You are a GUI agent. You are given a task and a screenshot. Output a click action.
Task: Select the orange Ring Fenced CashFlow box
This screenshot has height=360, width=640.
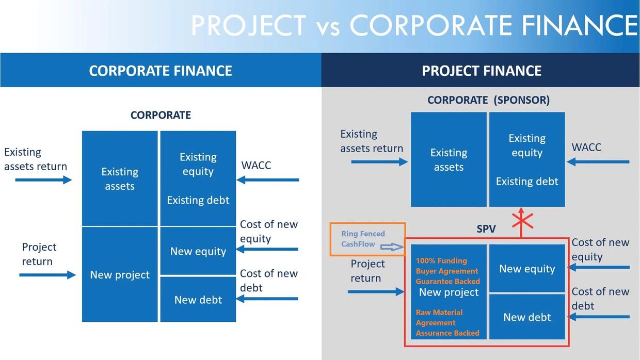(x=368, y=239)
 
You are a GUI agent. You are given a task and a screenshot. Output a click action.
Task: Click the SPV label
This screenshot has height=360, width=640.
(x=486, y=228)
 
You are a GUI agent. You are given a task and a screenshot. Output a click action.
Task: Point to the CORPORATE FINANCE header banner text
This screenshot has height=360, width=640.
(x=161, y=71)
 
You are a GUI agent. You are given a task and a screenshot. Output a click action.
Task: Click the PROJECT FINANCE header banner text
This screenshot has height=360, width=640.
(x=482, y=71)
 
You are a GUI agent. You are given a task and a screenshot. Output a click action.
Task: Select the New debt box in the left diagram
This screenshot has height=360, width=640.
(x=198, y=300)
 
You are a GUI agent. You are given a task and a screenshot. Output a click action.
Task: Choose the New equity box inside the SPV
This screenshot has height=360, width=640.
(x=527, y=269)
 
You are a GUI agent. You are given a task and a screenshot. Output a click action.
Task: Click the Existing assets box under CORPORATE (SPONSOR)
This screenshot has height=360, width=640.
(x=449, y=160)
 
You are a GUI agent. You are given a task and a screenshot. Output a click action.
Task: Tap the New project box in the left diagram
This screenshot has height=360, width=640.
(x=120, y=275)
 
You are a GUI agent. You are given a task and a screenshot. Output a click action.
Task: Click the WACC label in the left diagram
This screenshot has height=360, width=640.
(x=256, y=166)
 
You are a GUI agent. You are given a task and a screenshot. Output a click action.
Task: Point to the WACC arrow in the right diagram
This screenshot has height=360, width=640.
(x=598, y=162)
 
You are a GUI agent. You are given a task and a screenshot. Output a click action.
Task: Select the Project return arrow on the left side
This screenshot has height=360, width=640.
(x=47, y=275)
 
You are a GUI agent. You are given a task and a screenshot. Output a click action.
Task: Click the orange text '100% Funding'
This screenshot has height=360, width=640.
(x=441, y=260)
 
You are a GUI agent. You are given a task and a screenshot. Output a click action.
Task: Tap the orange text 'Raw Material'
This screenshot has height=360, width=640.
(x=439, y=312)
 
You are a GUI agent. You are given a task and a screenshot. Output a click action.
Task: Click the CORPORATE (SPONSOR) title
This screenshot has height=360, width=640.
(x=488, y=100)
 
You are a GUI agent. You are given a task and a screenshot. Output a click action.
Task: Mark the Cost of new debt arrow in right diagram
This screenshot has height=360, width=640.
(x=599, y=316)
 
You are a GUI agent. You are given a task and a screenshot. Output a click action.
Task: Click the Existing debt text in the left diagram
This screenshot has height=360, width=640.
(x=198, y=200)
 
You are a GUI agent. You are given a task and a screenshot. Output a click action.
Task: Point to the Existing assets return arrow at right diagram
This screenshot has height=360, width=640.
(x=379, y=162)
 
